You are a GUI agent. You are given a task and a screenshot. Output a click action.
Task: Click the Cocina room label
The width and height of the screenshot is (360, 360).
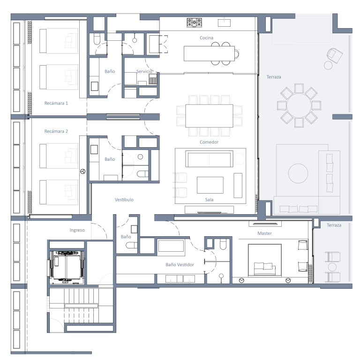coord(206,38)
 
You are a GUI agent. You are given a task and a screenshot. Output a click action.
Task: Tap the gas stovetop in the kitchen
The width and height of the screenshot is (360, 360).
coord(194,22)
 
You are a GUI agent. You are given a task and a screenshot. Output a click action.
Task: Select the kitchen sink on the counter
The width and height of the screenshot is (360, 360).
coord(224,22)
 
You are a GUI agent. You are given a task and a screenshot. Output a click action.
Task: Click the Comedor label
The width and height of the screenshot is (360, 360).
coord(209,142)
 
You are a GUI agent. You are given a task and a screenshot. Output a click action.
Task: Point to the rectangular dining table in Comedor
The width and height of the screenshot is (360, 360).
coord(209,116)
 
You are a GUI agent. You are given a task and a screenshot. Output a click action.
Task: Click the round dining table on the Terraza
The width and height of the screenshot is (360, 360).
coord(299,105)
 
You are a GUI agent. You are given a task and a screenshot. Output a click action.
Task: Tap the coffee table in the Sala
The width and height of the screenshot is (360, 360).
coord(210,185)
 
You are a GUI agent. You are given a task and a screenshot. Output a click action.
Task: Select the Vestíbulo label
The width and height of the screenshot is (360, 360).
coord(124,200)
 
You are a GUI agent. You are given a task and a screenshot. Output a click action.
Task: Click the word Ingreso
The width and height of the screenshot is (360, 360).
coord(77,230)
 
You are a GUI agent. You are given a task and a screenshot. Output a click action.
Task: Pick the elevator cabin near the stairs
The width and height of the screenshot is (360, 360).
coord(67,266)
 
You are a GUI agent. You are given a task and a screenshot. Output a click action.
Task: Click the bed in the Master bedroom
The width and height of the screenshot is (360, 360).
coord(265,260)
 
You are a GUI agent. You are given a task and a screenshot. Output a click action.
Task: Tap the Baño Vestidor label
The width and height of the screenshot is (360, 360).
coord(180,265)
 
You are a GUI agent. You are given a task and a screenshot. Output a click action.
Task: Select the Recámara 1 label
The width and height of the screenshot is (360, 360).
coord(56,103)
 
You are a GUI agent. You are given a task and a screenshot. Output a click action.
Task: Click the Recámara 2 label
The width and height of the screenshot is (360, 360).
coord(56,131)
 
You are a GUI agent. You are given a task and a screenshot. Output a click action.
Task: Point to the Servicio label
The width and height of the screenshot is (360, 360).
coord(144,71)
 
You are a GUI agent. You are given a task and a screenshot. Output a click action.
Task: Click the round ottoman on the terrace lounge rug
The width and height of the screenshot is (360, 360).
coord(298,173)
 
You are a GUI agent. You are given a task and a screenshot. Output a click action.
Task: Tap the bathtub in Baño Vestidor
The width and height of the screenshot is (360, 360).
coord(171,246)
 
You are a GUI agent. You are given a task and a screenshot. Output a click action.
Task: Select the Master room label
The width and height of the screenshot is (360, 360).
coord(264,233)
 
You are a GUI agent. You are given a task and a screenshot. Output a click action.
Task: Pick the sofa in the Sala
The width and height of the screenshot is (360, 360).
coord(209,159)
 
